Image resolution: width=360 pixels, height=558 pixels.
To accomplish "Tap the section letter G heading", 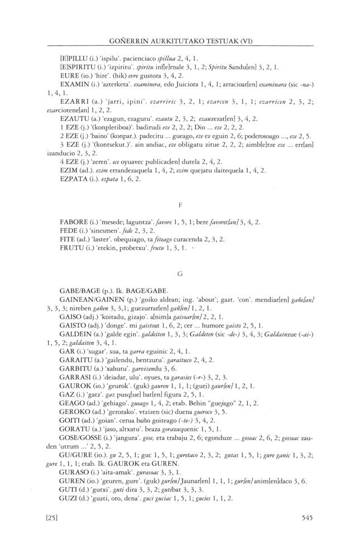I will pos(179,274).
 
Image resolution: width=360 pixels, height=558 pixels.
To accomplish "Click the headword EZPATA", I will pos(73,179).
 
